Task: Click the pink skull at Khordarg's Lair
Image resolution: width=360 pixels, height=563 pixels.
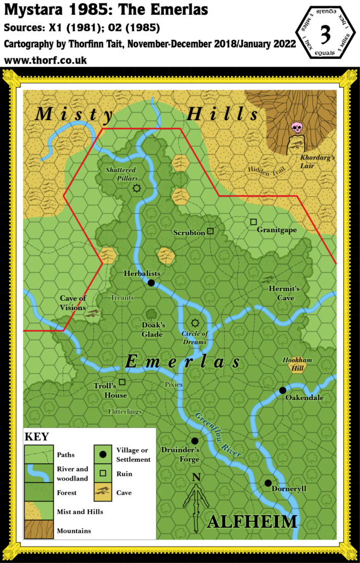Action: point(297,128)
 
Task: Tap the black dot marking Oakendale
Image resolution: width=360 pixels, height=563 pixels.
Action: point(283,390)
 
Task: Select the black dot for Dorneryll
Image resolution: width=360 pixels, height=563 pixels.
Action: point(268,483)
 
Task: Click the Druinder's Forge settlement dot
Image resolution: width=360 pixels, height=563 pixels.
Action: point(195,440)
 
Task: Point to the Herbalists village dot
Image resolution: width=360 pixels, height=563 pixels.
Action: point(151,283)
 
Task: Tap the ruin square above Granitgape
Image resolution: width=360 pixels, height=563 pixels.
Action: point(253,222)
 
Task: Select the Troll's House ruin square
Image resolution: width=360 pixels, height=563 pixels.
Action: point(122,382)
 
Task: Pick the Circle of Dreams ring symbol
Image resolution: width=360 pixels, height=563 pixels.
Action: point(195,323)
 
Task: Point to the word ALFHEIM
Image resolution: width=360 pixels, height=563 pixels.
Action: point(252,522)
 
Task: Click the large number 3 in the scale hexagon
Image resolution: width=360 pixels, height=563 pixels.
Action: point(325,34)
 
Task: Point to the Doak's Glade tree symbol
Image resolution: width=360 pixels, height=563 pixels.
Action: point(152,314)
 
